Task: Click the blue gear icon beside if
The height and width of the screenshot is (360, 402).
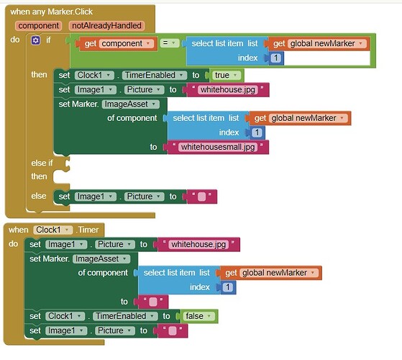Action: tap(36, 40)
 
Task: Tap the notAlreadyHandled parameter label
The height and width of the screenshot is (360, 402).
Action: tap(106, 26)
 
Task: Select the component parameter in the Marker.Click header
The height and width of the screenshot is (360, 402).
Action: tap(38, 26)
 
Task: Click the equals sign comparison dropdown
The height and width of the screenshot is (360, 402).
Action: tap(169, 43)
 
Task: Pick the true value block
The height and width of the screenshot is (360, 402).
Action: tap(226, 75)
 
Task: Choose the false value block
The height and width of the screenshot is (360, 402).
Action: tap(199, 316)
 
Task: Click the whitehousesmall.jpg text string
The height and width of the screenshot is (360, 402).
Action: tap(218, 147)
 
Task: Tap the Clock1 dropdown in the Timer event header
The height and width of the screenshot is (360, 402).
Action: tap(52, 230)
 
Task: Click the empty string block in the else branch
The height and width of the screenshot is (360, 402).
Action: tap(202, 197)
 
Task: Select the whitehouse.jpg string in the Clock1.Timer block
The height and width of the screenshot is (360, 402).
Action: tap(198, 244)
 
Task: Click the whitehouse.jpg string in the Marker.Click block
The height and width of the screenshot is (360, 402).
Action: tap(228, 90)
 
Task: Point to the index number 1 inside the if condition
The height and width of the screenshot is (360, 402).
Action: tap(276, 58)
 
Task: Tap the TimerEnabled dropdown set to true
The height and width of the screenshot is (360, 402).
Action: tap(155, 75)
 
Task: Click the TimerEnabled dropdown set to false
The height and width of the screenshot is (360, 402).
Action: tap(125, 316)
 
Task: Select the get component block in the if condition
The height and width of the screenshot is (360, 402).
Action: tap(117, 44)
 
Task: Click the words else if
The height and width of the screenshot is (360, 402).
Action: tap(42, 163)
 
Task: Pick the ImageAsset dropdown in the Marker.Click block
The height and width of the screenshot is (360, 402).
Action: tap(130, 104)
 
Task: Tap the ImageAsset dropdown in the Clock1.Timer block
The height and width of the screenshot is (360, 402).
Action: tap(101, 259)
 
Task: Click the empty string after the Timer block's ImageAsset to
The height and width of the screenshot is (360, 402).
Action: tap(153, 302)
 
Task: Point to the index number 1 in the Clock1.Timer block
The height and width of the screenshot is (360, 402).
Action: tap(228, 287)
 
